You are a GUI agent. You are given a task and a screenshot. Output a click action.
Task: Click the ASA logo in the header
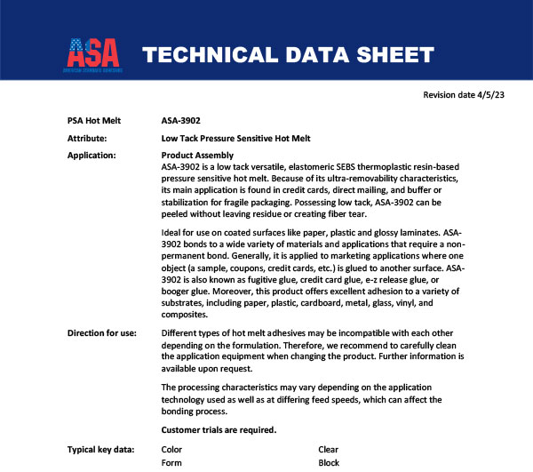95,54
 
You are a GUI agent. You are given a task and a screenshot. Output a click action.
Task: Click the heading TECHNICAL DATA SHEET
288,56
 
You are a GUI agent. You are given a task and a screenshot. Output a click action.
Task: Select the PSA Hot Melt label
94,120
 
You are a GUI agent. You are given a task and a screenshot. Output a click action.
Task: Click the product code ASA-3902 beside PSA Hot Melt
182,120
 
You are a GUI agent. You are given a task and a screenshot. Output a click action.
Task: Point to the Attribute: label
87,139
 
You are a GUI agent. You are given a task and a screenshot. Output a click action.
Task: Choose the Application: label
91,156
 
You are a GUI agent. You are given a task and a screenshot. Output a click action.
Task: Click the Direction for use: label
101,332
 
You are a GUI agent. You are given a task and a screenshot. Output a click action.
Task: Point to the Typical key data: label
100,450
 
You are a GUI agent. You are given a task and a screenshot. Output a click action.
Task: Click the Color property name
171,450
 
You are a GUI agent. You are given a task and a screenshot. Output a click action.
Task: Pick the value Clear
329,450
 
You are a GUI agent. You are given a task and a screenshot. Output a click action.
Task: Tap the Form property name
171,463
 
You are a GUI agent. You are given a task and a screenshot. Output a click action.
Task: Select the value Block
330,463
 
